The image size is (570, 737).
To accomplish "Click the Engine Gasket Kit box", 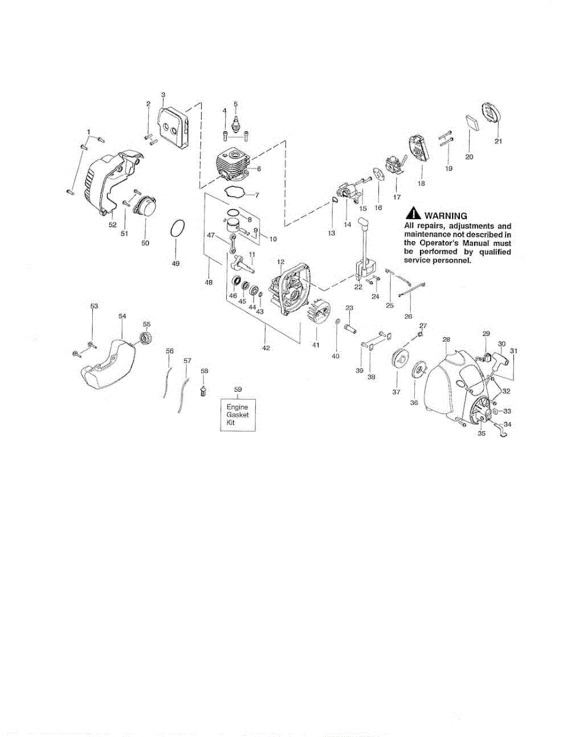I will point(237,415).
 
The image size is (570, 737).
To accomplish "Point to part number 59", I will point(238,389).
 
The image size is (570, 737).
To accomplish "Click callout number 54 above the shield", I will point(122,316).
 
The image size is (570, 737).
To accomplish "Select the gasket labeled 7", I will point(234,192).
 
